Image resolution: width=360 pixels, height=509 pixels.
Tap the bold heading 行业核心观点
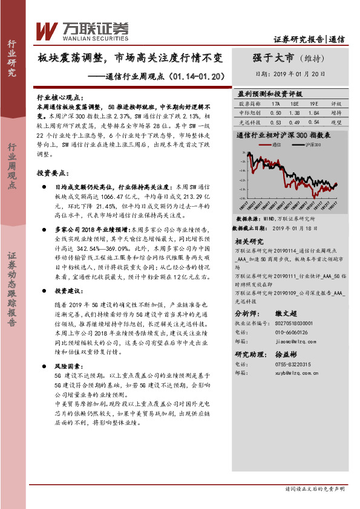(58, 97)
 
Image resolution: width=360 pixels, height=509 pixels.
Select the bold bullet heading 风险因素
(66, 367)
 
